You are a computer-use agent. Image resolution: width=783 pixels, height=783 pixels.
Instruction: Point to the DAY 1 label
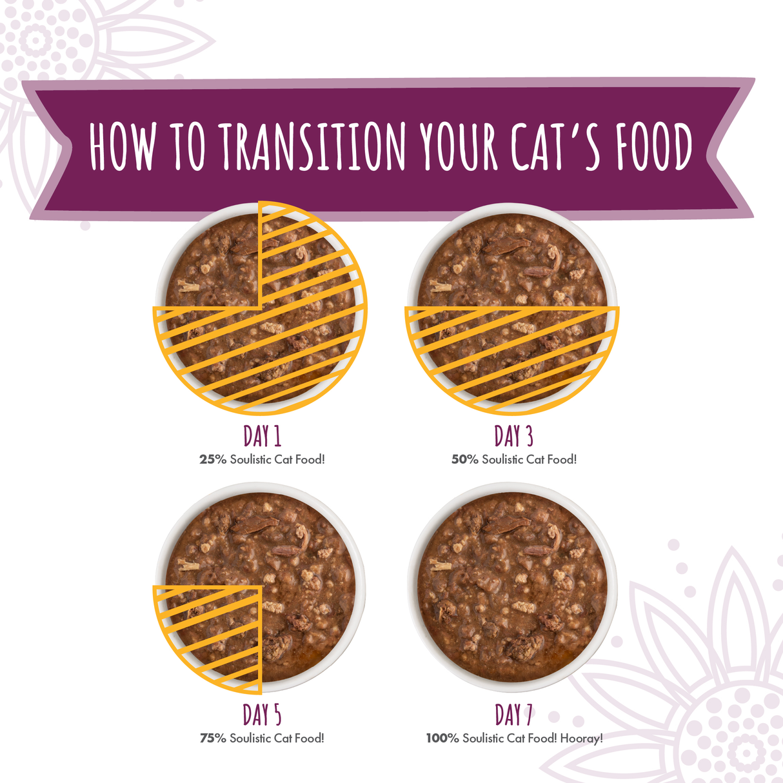[x=262, y=437]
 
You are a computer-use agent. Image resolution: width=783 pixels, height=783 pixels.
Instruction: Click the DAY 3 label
[x=513, y=437]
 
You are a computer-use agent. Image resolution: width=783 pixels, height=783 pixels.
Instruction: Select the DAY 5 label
[x=262, y=715]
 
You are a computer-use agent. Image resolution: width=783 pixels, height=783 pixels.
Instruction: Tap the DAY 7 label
[x=513, y=715]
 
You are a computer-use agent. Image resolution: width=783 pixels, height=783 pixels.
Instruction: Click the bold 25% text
[x=212, y=460]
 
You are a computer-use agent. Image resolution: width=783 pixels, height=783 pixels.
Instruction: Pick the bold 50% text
[x=464, y=460]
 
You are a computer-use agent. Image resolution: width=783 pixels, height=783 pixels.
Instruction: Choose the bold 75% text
[x=213, y=738]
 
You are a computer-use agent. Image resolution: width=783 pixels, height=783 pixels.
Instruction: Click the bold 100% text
[x=442, y=738]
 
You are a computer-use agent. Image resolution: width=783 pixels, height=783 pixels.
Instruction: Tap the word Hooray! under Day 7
[x=581, y=738]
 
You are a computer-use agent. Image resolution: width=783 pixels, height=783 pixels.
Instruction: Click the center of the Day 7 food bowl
[x=513, y=587]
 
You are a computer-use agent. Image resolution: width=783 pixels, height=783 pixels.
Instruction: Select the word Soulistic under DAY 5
[x=250, y=738]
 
